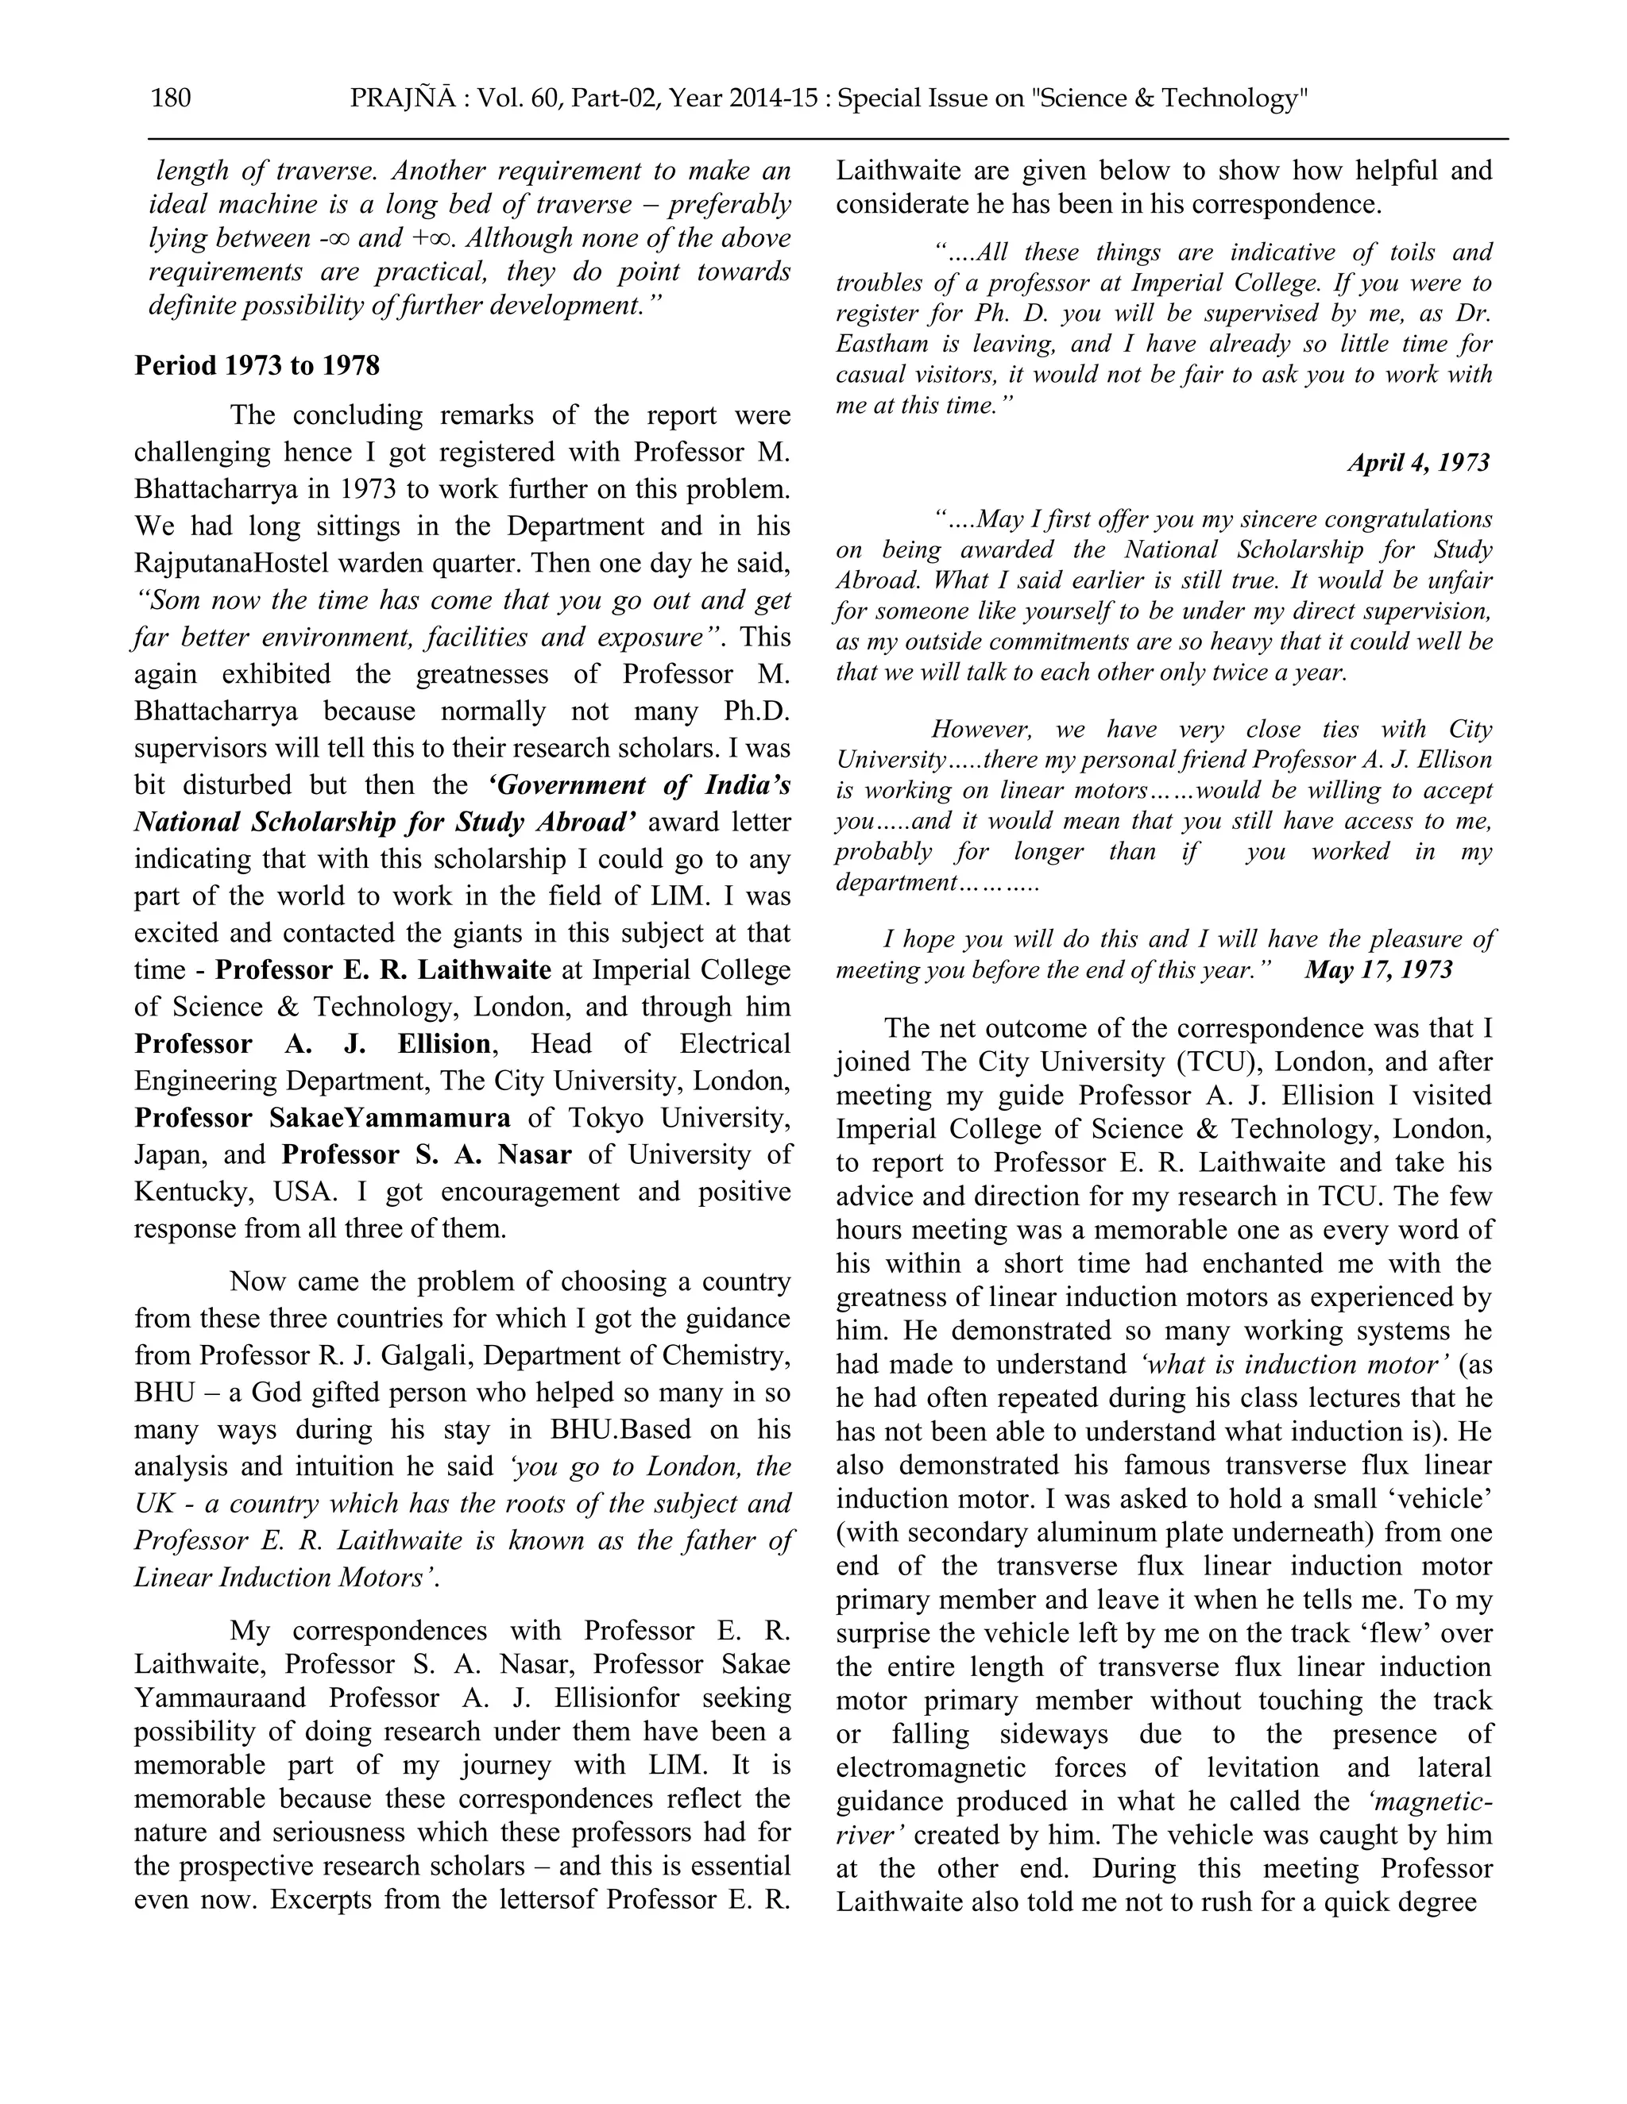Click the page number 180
point(171,98)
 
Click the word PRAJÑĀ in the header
point(397,98)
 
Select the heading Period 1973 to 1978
point(257,366)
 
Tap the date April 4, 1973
point(1418,464)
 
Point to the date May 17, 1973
point(1378,969)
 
